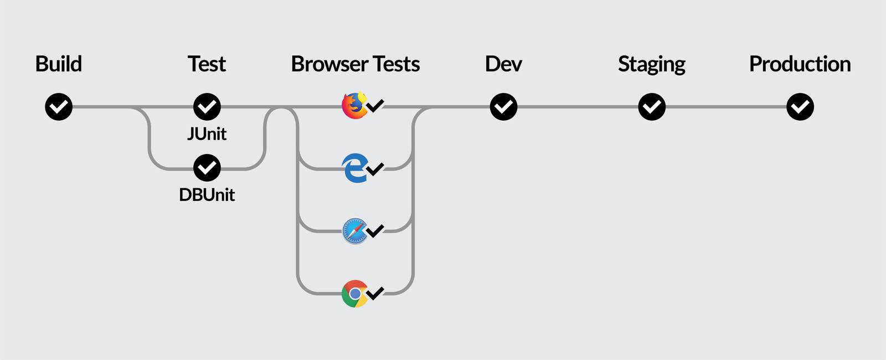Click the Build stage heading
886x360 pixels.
pos(58,64)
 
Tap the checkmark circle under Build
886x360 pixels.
pos(59,107)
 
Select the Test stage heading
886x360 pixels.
pos(207,64)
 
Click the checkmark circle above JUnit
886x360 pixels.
pos(207,107)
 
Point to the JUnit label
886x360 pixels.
pos(207,134)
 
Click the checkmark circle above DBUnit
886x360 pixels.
pos(207,168)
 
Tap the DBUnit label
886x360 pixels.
pos(207,195)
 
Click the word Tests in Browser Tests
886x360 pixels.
pos(396,64)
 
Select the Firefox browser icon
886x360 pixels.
pos(354,106)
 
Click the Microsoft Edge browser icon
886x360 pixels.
pos(354,168)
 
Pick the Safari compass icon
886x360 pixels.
pos(354,231)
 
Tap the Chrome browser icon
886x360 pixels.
pos(354,294)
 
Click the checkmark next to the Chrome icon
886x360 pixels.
pos(375,293)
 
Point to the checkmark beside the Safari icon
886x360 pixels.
pos(375,230)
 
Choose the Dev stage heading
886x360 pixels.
pos(503,64)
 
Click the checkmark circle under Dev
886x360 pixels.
pos(503,107)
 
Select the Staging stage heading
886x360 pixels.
pos(651,64)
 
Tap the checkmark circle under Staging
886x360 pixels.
pos(652,107)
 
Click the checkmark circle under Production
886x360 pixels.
pos(800,107)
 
